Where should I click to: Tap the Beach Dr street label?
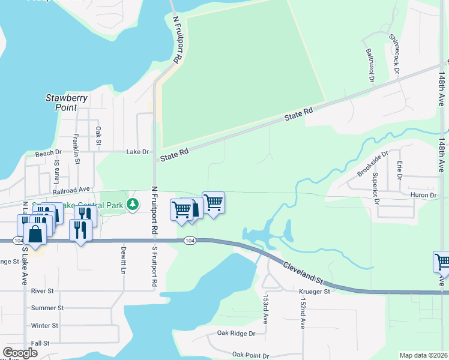tap(49, 154)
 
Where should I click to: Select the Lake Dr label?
tap(137, 152)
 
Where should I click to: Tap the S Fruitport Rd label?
tap(154, 265)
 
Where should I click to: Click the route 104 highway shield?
tap(190, 241)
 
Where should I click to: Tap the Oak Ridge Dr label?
tap(236, 333)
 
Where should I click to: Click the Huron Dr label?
tap(424, 195)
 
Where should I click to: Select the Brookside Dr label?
tap(369, 164)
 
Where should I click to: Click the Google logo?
tap(20, 353)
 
